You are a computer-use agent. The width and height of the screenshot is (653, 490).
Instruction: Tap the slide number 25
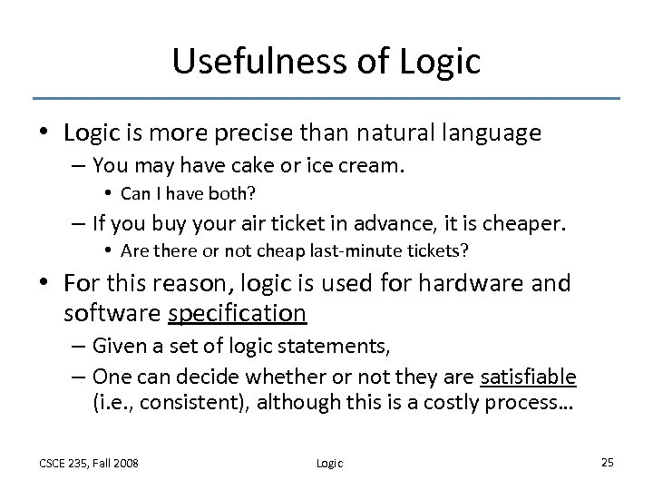tap(607, 462)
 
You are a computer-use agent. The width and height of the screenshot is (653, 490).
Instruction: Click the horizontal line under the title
tap(326, 98)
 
